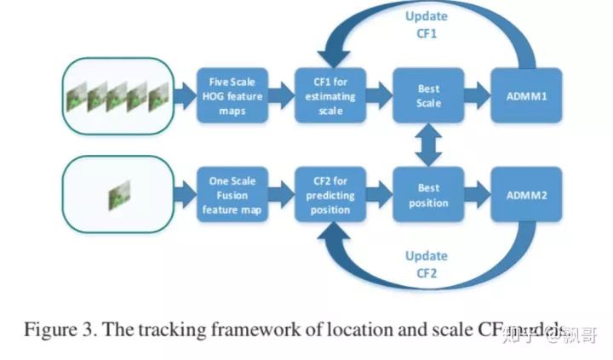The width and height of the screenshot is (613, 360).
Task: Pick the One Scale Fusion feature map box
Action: (x=232, y=196)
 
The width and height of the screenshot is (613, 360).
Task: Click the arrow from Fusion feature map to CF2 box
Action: (x=280, y=196)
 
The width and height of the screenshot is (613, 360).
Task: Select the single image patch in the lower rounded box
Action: (x=117, y=197)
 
